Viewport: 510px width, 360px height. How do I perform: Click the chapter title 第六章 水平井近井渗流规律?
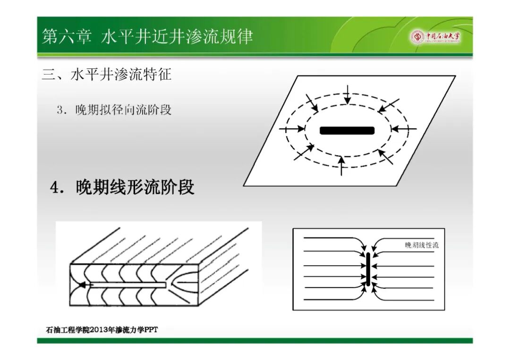(x=147, y=36)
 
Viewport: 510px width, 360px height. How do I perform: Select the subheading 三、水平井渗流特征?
(x=106, y=75)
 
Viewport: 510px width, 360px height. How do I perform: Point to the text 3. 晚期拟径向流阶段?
(x=114, y=109)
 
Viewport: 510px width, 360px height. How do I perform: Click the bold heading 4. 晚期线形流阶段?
(x=122, y=187)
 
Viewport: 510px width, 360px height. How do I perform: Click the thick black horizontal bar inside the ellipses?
(x=347, y=131)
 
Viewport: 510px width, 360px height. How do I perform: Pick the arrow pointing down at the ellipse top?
(x=348, y=94)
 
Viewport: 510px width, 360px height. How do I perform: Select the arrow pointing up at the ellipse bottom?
(x=341, y=166)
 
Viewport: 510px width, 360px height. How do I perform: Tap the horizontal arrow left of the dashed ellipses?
(x=292, y=129)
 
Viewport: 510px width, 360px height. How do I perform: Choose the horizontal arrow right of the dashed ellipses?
(x=403, y=129)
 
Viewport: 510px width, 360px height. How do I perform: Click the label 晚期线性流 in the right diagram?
(x=422, y=245)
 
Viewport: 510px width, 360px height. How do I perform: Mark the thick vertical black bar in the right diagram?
(x=368, y=269)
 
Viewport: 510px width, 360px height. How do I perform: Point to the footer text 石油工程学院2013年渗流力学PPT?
(x=102, y=330)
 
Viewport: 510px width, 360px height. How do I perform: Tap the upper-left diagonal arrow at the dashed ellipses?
(x=312, y=103)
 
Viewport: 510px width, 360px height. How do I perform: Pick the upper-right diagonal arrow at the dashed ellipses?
(x=388, y=106)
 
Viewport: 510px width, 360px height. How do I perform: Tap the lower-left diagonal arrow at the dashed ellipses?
(x=304, y=152)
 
